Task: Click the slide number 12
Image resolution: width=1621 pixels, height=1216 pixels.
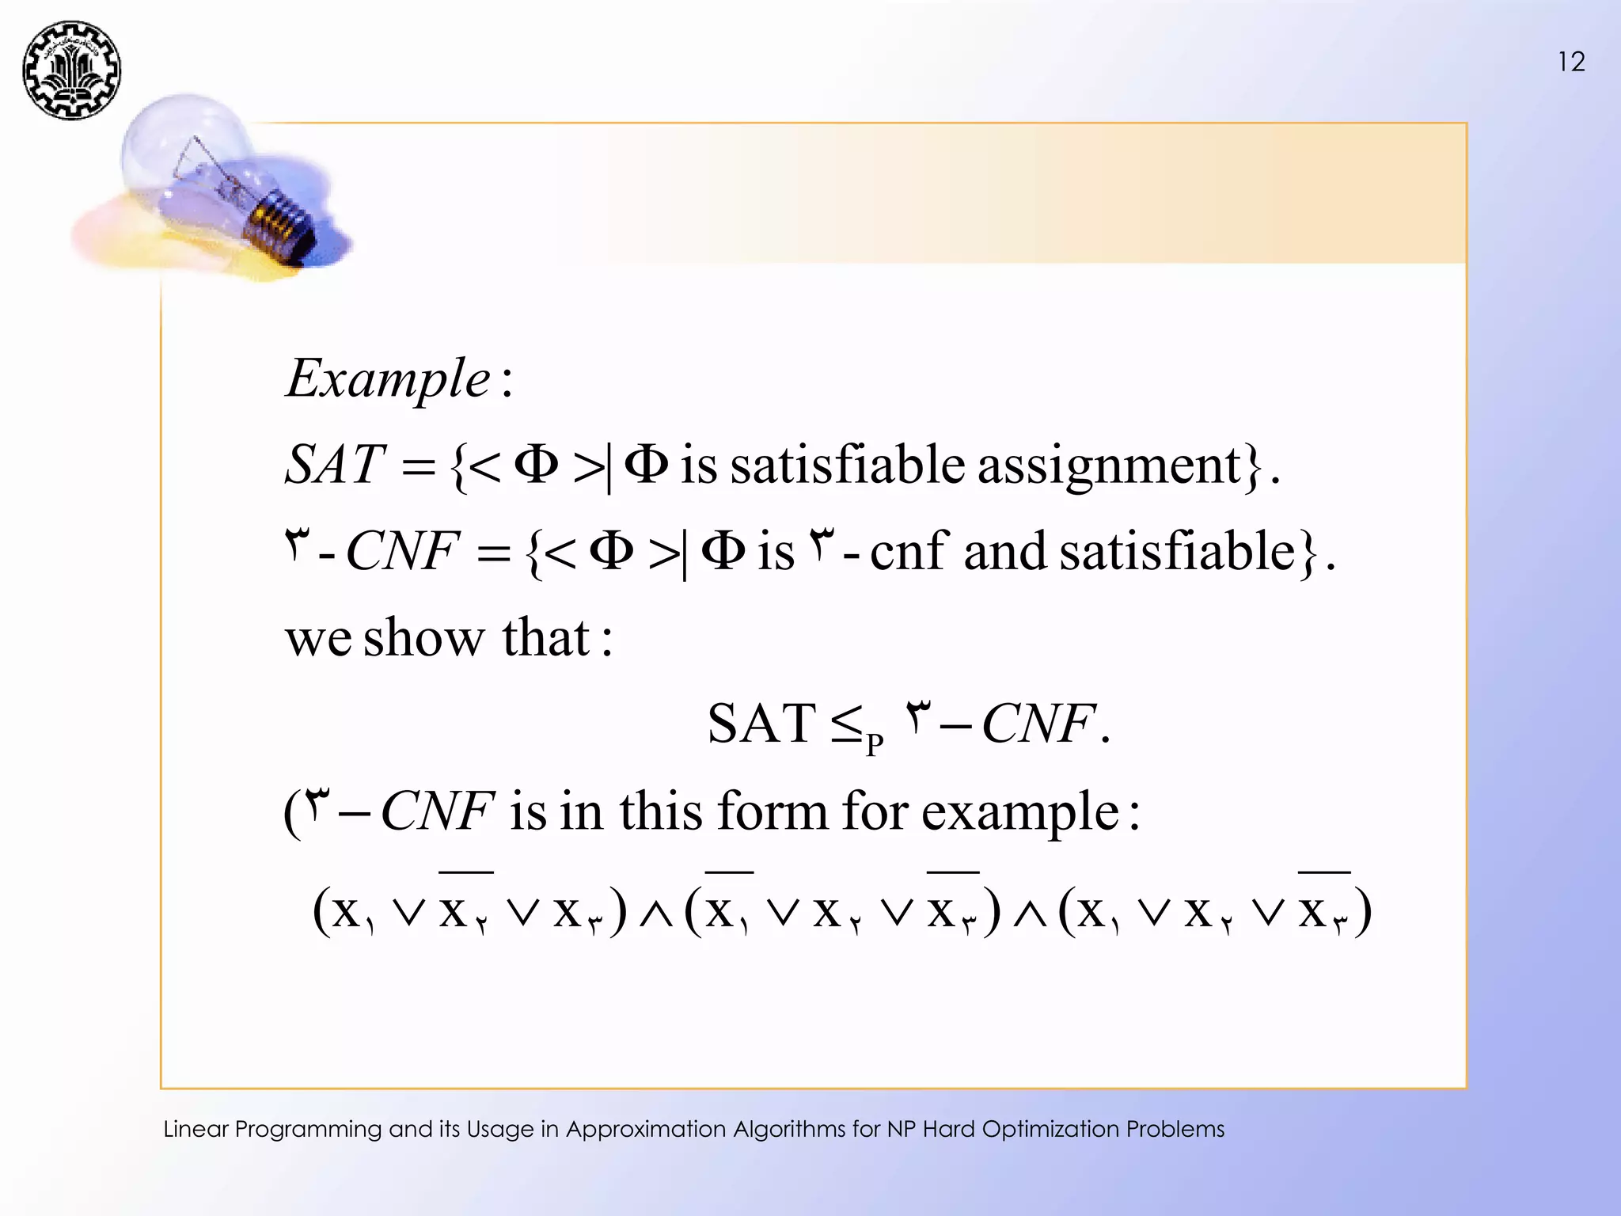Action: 1571,62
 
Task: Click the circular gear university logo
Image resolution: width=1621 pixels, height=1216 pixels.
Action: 71,70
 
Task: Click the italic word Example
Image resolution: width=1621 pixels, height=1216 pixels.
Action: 388,378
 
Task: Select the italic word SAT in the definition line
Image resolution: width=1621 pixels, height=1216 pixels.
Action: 334,465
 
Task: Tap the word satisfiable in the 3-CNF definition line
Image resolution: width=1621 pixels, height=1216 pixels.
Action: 1177,551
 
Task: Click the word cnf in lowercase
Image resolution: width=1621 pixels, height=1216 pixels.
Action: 908,551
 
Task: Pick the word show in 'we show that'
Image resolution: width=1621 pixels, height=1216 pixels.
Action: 423,637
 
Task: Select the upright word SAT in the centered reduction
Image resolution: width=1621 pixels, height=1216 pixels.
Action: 761,724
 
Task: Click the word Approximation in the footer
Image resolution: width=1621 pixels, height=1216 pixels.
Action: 646,1128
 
